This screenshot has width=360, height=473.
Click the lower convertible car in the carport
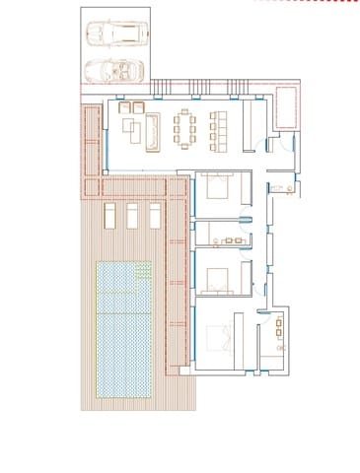[112, 70]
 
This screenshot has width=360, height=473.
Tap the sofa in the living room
[154, 130]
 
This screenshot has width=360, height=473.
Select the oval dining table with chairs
[185, 130]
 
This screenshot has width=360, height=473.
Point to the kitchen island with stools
[218, 130]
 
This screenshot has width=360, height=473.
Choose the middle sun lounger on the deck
[132, 216]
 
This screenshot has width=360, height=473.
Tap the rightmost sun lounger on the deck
[155, 216]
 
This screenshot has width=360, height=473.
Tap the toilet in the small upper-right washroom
[279, 186]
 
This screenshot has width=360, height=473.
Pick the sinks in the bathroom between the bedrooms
[236, 239]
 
